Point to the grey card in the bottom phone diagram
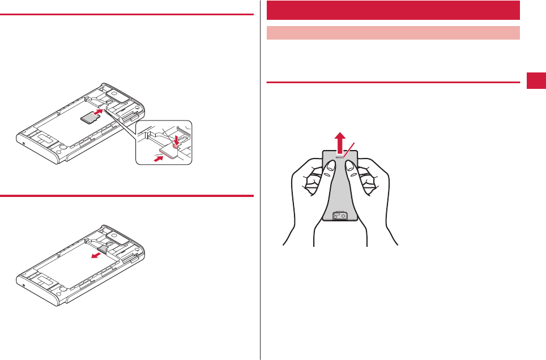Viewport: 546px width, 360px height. (105, 247)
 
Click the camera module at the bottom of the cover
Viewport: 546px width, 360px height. (340, 215)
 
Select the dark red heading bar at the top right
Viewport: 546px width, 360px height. (393, 10)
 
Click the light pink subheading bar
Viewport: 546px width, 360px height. (393, 33)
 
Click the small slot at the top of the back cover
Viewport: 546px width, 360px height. (340, 158)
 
